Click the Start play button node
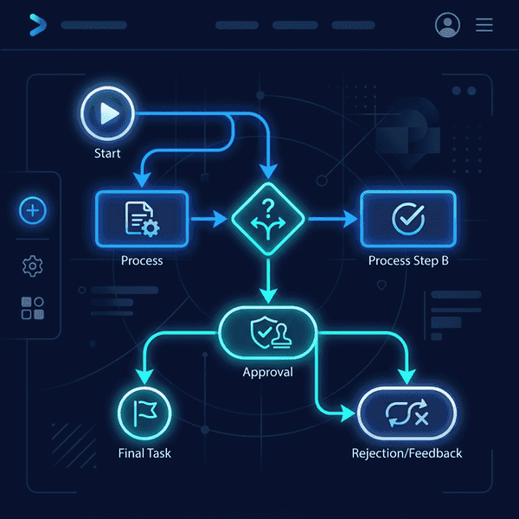tap(106, 115)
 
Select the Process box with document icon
tap(141, 220)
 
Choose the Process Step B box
tap(407, 220)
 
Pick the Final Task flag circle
tap(143, 411)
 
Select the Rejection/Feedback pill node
tap(407, 413)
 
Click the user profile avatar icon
tap(447, 25)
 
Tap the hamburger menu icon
tap(484, 25)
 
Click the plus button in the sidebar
tap(33, 210)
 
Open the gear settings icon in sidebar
tap(33, 266)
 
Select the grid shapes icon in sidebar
tap(33, 309)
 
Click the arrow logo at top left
tap(36, 25)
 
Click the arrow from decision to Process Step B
tap(329, 220)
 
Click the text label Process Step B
tap(408, 261)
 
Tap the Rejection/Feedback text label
tap(407, 453)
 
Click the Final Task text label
tap(144, 453)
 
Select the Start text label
tap(107, 154)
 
